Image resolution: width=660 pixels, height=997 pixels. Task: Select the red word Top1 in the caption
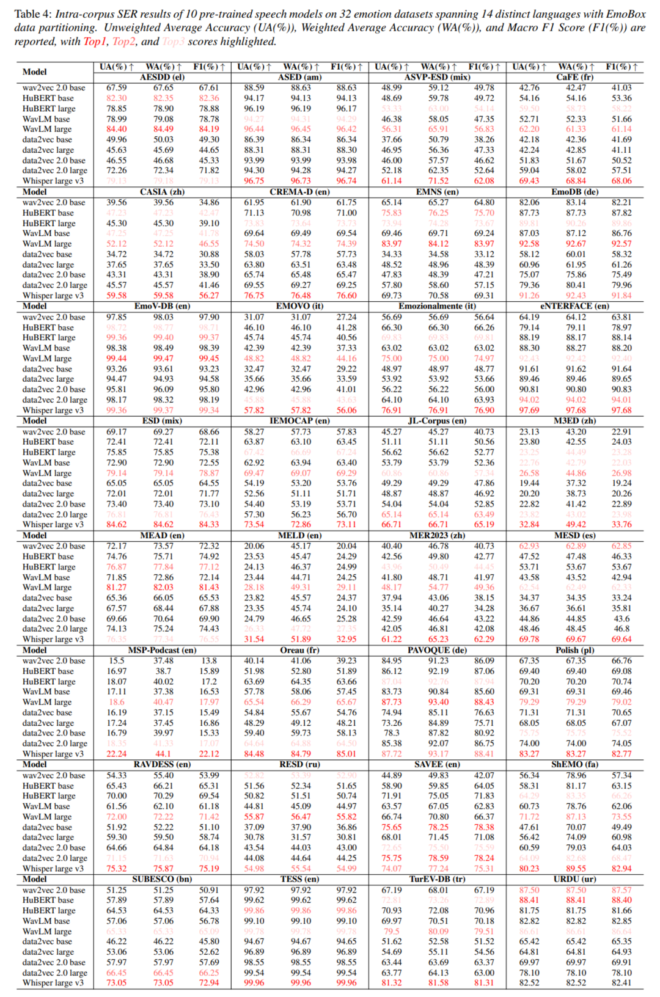click(95, 42)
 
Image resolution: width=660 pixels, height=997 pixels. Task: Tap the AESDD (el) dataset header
click(162, 78)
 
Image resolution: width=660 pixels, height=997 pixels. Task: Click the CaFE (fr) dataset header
click(574, 78)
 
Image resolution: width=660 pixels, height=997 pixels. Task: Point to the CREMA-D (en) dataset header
click(299, 192)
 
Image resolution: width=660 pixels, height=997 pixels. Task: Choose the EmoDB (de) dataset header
click(574, 192)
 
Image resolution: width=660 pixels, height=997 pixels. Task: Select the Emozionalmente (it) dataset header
click(437, 306)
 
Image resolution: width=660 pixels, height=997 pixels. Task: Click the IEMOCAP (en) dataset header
click(299, 421)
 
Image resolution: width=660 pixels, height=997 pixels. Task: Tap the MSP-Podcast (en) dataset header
click(162, 650)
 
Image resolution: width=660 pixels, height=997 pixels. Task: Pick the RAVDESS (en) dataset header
click(162, 764)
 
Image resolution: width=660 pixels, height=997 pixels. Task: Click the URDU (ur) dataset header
click(574, 879)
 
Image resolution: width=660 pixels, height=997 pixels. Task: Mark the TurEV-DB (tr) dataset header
click(437, 879)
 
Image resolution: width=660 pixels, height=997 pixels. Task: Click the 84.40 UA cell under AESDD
click(117, 129)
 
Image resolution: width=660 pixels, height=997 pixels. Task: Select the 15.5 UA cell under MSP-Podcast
click(117, 660)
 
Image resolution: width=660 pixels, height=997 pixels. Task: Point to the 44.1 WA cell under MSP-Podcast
click(163, 754)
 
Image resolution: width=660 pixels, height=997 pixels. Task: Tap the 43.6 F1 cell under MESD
click(621, 619)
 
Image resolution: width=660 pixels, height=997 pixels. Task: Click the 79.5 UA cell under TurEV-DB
click(392, 931)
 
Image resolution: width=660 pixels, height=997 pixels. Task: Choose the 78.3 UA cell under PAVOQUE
click(392, 733)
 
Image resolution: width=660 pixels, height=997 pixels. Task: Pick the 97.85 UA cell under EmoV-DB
click(117, 317)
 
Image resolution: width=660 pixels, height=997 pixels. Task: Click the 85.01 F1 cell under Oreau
click(346, 754)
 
